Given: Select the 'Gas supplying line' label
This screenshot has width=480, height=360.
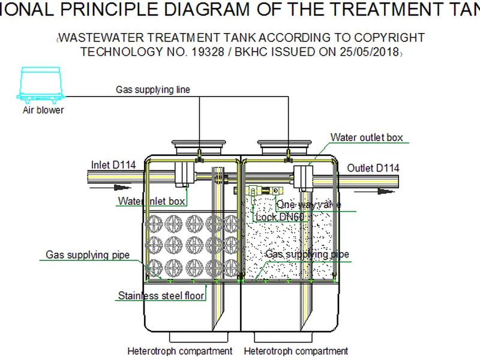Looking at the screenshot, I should click(153, 90).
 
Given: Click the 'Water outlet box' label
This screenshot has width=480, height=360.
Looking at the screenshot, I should click(367, 137).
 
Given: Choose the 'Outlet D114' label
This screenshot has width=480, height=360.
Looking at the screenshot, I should click(373, 168).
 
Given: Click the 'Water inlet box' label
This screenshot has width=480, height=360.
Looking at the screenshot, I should click(151, 202).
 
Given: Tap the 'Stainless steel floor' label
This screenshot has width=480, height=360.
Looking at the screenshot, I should click(161, 295).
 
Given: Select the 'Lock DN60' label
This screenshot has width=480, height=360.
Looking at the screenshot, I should click(280, 217).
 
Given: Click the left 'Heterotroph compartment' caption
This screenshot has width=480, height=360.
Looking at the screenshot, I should click(179, 351).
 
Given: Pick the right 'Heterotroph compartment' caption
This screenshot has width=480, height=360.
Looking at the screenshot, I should click(296, 351).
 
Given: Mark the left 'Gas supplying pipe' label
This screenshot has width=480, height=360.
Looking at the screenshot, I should click(88, 255).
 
